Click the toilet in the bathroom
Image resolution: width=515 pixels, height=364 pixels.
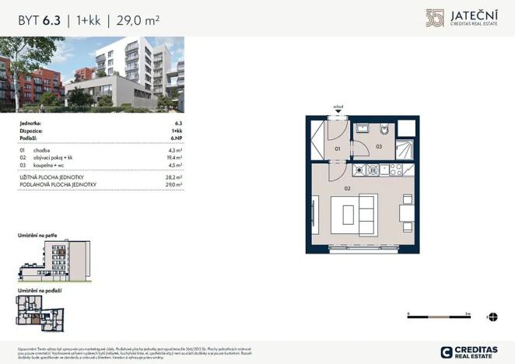[x=384, y=129]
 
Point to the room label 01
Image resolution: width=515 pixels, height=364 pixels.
[x=338, y=146]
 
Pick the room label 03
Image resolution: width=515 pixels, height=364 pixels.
[x=379, y=146]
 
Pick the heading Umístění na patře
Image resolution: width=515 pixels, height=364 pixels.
[x=38, y=234]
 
